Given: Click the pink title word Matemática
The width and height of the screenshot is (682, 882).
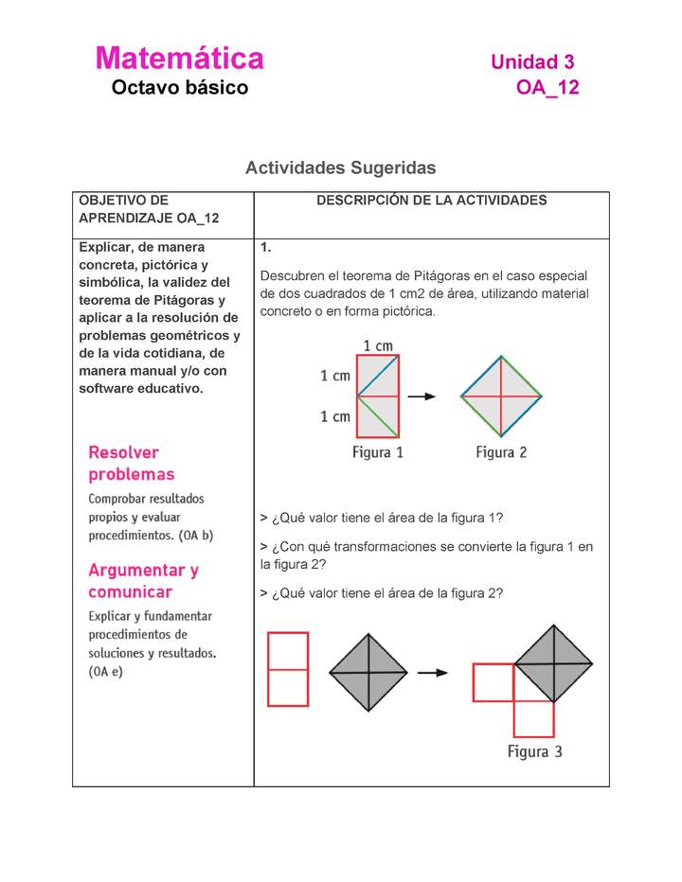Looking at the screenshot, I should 179,59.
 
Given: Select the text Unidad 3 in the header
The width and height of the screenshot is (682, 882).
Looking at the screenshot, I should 532,62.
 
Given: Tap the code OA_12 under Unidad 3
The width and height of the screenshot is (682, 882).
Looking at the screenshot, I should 547,89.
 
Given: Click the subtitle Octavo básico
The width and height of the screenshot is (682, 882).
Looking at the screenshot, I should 179,88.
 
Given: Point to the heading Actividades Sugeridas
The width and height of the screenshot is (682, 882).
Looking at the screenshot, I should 340,168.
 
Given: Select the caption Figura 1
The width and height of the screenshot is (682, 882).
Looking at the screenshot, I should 378,452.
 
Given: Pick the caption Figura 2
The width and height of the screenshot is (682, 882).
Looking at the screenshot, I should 501,452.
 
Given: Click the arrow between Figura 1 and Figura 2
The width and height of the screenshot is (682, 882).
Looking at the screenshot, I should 429,397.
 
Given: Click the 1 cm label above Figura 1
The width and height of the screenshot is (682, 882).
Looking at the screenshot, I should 379,345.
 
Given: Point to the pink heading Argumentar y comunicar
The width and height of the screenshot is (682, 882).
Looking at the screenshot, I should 143,581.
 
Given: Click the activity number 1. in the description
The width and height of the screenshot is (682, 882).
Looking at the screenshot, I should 266,248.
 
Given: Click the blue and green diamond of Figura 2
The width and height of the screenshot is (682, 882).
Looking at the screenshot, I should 501,397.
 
